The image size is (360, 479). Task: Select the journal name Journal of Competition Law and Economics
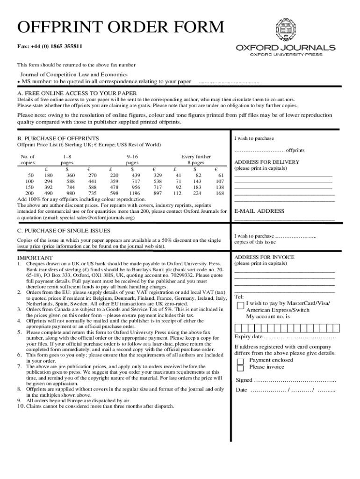73,75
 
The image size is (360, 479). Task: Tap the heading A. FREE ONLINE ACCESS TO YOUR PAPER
77,93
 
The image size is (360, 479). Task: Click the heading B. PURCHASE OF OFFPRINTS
58,138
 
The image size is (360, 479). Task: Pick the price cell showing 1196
135,193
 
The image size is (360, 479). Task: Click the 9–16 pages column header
132,160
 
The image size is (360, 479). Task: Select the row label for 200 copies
29,193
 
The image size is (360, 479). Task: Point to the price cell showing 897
158,193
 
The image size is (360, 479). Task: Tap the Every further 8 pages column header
196,160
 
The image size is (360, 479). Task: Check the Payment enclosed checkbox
240,361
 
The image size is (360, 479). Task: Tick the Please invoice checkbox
240,368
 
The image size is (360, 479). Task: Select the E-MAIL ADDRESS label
259,211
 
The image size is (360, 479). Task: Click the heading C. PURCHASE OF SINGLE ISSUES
64,231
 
